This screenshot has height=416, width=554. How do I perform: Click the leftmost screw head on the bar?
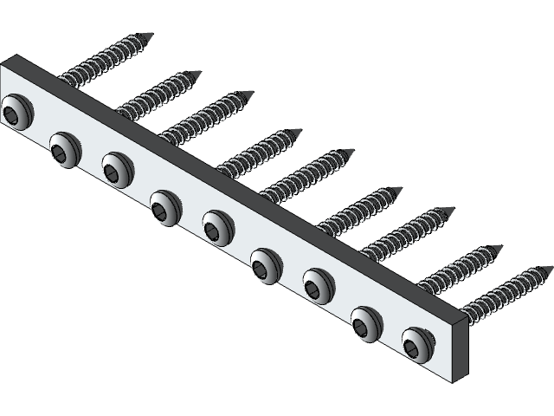click(15, 112)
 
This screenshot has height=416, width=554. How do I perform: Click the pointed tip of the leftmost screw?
click(151, 36)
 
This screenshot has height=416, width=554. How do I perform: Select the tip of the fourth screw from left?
click(300, 132)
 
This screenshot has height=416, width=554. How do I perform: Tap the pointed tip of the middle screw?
click(352, 151)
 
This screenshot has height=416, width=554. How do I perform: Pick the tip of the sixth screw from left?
click(402, 189)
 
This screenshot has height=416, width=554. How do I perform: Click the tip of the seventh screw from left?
click(453, 209)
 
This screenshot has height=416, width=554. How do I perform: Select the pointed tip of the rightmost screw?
click(551, 269)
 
